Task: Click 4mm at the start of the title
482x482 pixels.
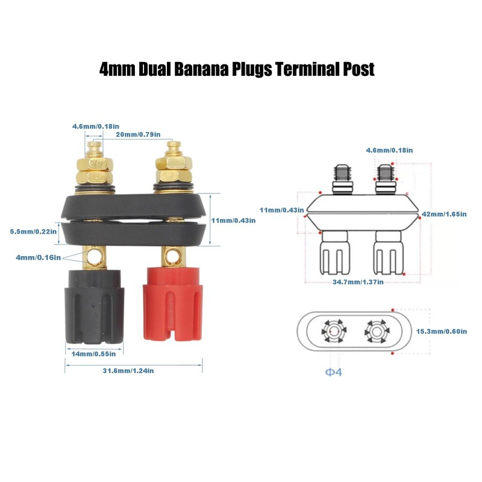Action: pyautogui.click(x=117, y=69)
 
